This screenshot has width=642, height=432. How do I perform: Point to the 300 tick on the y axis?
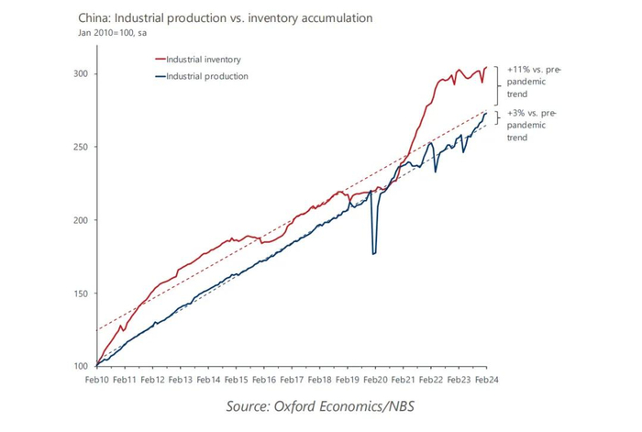(x=82, y=73)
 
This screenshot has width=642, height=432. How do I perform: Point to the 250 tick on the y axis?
(x=82, y=147)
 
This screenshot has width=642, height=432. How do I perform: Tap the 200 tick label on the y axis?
(x=82, y=220)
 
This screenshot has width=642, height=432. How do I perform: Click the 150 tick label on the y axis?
(x=82, y=294)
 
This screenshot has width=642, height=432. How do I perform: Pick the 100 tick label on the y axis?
(x=82, y=367)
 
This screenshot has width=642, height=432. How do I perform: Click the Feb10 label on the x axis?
(x=97, y=379)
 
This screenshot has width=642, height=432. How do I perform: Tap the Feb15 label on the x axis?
(x=236, y=379)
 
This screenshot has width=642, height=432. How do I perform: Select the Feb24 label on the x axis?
(x=485, y=379)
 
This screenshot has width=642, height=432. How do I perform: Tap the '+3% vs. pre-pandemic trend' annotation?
(x=529, y=126)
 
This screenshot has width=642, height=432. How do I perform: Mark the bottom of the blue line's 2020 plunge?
(x=374, y=253)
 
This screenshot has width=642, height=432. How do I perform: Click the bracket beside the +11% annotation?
(x=496, y=85)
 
